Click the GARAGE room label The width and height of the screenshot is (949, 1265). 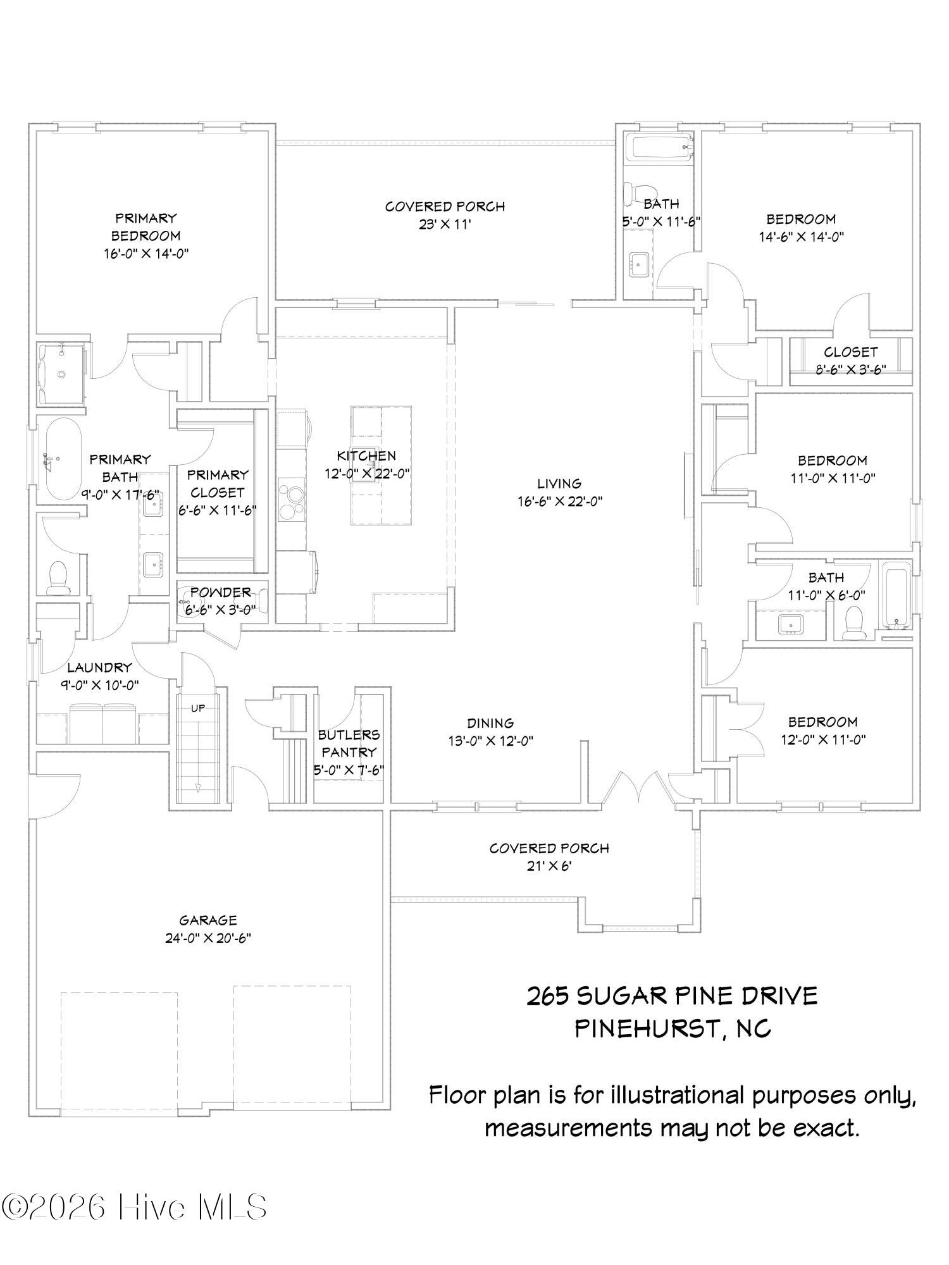pyautogui.click(x=208, y=920)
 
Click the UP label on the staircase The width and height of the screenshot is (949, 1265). pyautogui.click(x=198, y=708)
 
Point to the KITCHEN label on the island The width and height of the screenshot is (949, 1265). pyautogui.click(x=366, y=455)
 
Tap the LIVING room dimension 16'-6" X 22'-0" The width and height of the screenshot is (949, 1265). pyautogui.click(x=559, y=502)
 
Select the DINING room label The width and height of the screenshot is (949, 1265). pyautogui.click(x=490, y=723)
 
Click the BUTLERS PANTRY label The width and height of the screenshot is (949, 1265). pyautogui.click(x=349, y=743)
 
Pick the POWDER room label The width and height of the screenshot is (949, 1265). pyautogui.click(x=221, y=592)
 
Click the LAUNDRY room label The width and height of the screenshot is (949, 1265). pyautogui.click(x=99, y=667)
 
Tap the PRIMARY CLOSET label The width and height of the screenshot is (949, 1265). pyautogui.click(x=218, y=483)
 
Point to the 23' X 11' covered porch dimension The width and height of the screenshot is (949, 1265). pyautogui.click(x=445, y=224)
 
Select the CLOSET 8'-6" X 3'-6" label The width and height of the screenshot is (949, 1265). pyautogui.click(x=850, y=361)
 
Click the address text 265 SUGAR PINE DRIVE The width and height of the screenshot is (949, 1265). pyautogui.click(x=673, y=996)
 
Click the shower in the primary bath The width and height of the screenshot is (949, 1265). pyautogui.click(x=61, y=374)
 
